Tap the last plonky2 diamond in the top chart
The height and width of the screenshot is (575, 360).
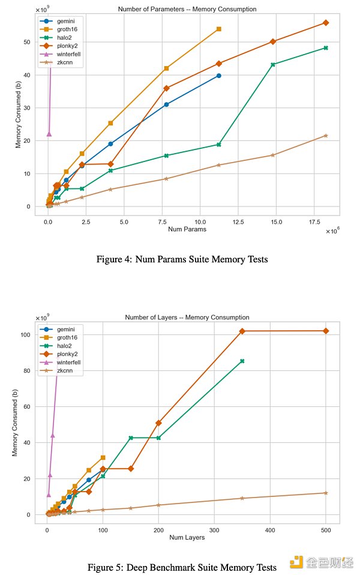[326, 23]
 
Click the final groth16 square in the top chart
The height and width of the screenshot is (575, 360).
[218, 29]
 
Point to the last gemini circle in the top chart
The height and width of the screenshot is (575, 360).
[218, 76]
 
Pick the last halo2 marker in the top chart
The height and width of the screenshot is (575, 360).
[326, 47]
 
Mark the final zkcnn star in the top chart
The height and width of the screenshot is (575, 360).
[326, 136]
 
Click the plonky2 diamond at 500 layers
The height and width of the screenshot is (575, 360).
[326, 331]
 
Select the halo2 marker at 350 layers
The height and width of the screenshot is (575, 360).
[242, 361]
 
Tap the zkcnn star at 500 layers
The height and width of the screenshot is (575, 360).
[326, 493]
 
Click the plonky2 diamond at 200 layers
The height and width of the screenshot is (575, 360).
[158, 423]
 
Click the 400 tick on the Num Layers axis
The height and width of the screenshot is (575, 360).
[270, 530]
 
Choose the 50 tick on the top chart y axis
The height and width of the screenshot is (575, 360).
[27, 42]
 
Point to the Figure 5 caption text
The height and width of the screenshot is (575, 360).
[182, 567]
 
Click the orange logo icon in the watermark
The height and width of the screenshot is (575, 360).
[296, 561]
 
